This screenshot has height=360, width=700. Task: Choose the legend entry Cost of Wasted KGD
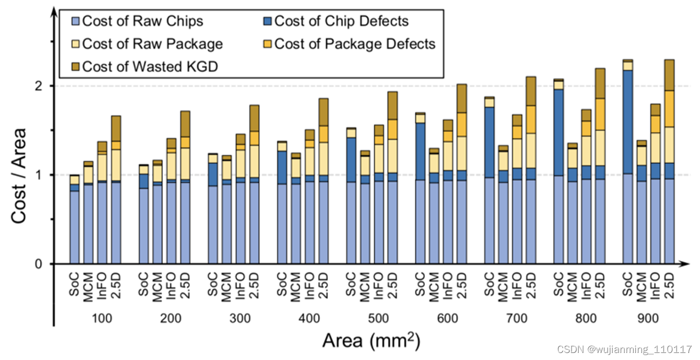[149, 66]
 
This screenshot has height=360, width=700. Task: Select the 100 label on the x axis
[102, 319]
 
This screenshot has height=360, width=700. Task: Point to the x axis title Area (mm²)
[371, 341]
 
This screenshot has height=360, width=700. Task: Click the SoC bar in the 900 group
[627, 162]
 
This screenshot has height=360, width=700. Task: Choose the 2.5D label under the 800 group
[600, 286]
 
